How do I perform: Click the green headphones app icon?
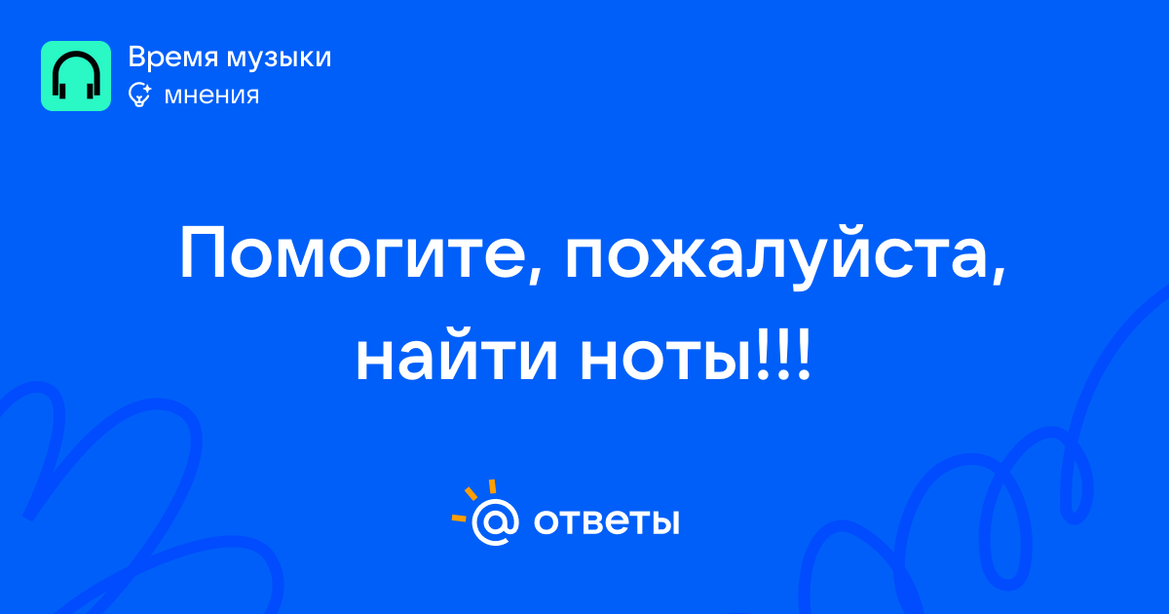(76, 76)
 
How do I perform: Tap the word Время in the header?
(172, 57)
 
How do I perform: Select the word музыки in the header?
(280, 58)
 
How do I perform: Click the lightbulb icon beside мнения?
(139, 96)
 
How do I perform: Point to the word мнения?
(212, 96)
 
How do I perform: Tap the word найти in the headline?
(457, 355)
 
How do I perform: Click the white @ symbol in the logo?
(495, 521)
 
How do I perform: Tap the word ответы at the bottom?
(606, 521)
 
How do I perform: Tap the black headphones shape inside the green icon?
(76, 75)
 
